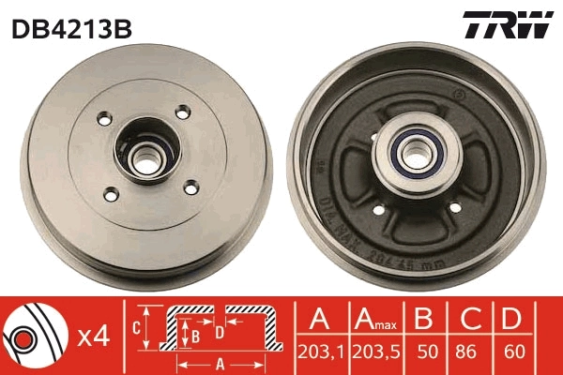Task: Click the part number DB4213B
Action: click(71, 28)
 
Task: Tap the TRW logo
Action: click(507, 26)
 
